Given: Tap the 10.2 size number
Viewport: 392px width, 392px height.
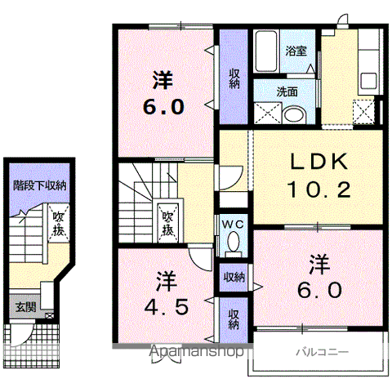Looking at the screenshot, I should point(318,191).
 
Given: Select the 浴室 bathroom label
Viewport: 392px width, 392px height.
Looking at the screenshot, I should point(296,51).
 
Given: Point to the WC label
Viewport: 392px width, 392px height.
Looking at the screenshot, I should point(231,223).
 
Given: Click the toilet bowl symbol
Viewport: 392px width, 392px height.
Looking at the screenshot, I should point(232,240).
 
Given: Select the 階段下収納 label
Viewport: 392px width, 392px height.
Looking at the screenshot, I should point(39,185).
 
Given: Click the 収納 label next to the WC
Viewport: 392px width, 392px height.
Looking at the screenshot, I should point(234,277).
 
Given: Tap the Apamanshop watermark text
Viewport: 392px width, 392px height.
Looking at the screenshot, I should point(196,353).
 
